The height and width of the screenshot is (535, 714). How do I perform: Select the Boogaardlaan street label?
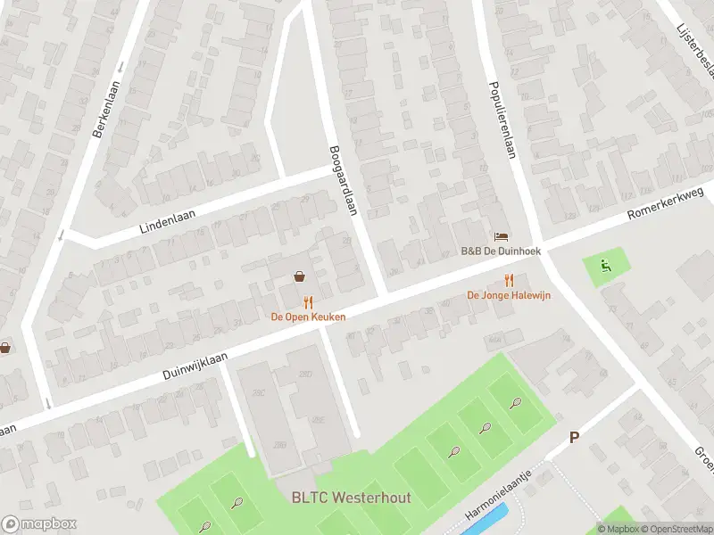342,181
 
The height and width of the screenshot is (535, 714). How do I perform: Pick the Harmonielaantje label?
498,504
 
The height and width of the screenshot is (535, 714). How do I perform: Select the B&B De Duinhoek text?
500,252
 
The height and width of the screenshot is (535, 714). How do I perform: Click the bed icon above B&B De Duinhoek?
501,236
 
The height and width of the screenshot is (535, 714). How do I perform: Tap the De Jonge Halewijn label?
509,295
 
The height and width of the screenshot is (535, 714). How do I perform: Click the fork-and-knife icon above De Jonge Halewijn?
509,279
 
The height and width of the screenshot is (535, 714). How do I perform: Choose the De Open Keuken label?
309,317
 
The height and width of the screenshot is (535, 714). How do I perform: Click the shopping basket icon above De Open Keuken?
299,277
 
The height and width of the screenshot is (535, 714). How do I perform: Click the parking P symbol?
575,438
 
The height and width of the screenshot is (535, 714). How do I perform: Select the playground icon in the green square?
604,264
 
